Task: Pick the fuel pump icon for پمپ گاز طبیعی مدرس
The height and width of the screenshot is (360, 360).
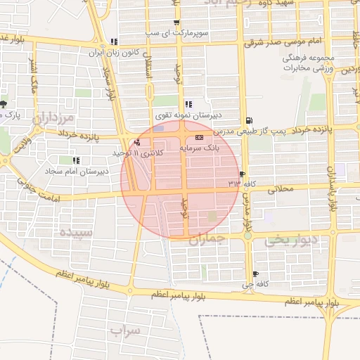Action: pos(250,120)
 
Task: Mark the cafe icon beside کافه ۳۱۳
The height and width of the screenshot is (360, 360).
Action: pos(243,173)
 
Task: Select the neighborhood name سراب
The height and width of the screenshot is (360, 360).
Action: pos(127,329)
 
